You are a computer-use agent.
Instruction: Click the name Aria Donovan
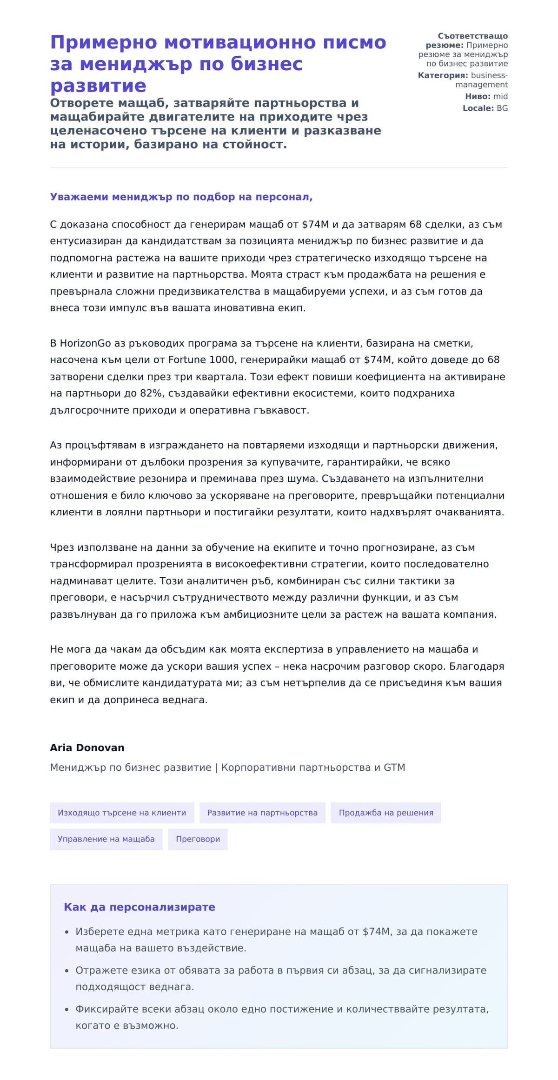coord(87,747)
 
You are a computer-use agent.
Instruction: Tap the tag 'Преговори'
coord(198,839)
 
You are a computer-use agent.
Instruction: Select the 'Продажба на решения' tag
coord(386,813)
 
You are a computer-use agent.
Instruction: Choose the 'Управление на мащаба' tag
coord(106,839)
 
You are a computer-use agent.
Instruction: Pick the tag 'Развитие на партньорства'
coord(262,813)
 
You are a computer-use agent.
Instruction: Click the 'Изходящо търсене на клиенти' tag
coord(122,813)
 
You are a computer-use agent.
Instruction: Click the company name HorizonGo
coord(86,343)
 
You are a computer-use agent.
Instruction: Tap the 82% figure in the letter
coord(152,393)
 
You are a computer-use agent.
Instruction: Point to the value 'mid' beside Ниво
coord(500,97)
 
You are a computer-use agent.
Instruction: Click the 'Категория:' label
coord(443,75)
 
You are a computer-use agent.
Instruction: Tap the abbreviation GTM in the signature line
coord(394,767)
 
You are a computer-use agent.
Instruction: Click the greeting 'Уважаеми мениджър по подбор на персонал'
coord(181,197)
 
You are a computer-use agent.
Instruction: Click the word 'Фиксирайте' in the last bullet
coord(103,1009)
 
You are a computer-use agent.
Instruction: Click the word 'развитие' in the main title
coord(98,86)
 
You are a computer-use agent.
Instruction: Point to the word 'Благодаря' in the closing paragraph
coord(477,667)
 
